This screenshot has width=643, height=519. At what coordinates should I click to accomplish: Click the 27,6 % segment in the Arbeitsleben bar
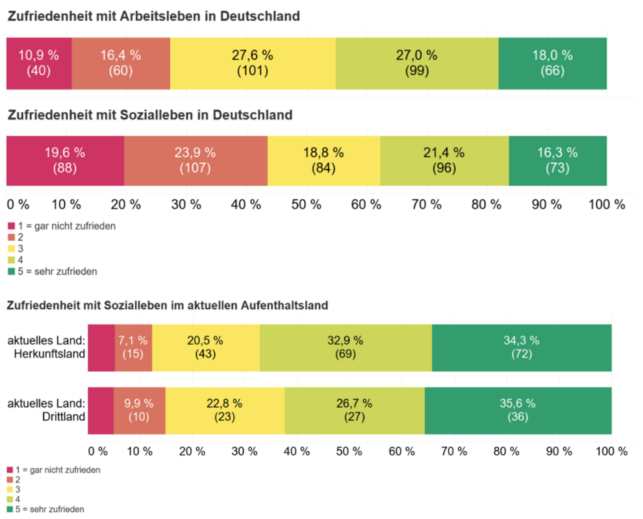253,63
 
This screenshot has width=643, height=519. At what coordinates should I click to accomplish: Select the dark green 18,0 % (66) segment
552,63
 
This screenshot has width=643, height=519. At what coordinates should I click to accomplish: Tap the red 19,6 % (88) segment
65,160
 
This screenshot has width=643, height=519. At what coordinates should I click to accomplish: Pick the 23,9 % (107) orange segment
195,160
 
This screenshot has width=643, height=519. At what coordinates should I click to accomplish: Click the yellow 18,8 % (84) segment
323,160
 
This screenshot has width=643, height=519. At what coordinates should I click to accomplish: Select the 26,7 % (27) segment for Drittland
354,410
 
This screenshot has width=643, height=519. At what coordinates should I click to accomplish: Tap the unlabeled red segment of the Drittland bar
101,410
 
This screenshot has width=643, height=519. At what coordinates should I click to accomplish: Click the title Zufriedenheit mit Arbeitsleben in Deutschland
154,16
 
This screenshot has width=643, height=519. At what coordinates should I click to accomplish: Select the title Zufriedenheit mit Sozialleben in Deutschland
150,115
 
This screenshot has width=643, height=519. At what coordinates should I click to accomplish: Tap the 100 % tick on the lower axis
611,452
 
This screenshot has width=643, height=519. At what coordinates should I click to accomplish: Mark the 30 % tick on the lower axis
244,452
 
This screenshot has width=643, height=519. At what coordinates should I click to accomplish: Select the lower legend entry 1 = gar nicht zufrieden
58,470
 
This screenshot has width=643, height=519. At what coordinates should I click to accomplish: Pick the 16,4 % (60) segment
121,63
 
